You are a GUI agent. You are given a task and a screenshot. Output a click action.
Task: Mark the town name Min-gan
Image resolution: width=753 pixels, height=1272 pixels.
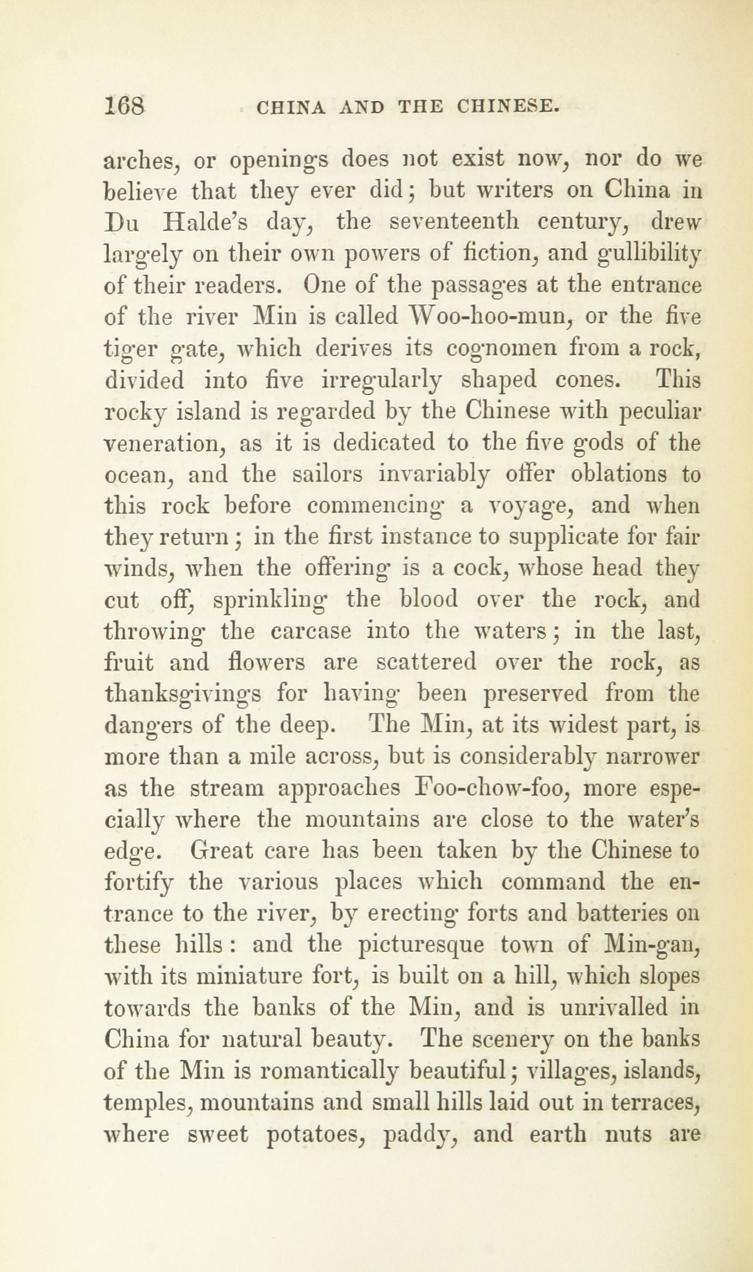[x=651, y=946]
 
